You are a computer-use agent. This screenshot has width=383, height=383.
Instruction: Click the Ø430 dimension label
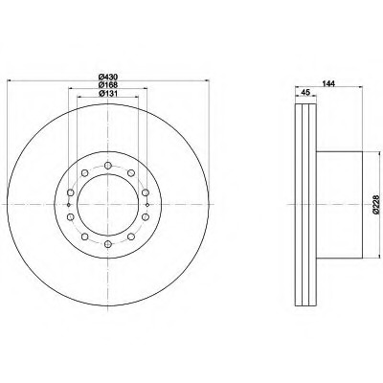tap(108, 77)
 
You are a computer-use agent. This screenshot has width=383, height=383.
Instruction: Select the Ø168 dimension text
tap(108, 85)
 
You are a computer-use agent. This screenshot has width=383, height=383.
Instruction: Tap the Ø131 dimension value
tap(108, 93)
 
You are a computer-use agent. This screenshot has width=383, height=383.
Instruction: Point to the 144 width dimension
tap(328, 83)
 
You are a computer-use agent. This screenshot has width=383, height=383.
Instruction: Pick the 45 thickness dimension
tap(305, 92)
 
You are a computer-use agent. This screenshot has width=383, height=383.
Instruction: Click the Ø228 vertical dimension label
tap(376, 204)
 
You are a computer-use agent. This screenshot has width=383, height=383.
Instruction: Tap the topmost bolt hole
tap(108, 166)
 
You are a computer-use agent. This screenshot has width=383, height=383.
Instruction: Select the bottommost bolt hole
tap(108, 244)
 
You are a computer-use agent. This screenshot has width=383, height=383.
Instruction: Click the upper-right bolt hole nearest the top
tap(131, 173)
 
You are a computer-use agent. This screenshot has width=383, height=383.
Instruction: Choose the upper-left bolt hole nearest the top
tap(84, 173)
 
